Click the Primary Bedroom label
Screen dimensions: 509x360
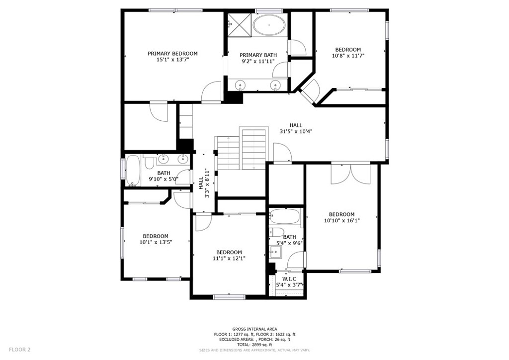(x=172, y=54)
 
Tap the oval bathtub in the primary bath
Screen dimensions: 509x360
(x=269, y=25)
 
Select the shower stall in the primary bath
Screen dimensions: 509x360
(x=239, y=25)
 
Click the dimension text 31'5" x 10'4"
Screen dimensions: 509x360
(x=296, y=131)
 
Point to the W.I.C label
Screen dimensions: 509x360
(x=289, y=279)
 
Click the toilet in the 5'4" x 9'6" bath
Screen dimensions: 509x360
(x=275, y=232)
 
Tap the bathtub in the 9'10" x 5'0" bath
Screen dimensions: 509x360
(x=132, y=171)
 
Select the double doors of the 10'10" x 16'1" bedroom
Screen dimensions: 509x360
(x=350, y=175)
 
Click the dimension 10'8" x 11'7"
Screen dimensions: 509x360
(x=348, y=56)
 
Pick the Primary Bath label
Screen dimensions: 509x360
(x=258, y=55)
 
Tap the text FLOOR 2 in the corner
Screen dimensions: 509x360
(x=19, y=350)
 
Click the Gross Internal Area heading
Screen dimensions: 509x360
(x=254, y=329)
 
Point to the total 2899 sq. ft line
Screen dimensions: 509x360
(x=254, y=345)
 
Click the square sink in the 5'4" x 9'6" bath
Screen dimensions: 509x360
(x=275, y=252)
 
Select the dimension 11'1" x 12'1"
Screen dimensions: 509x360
(x=229, y=259)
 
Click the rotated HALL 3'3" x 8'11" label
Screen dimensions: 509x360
(x=203, y=183)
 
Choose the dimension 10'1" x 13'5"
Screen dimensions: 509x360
(x=156, y=242)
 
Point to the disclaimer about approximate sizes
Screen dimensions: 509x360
(x=254, y=350)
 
